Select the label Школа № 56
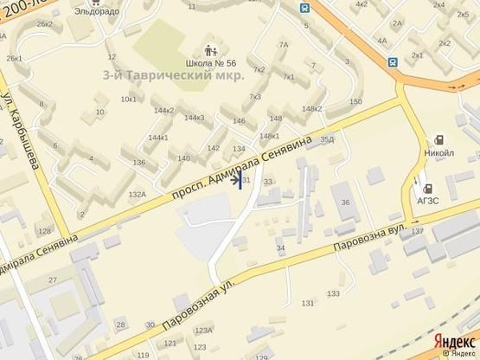(211, 63)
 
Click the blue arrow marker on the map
(238, 180)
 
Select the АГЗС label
(427, 198)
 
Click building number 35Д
(326, 138)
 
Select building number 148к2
(311, 108)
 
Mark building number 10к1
(128, 99)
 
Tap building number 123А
(202, 330)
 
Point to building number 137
(419, 231)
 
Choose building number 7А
(283, 44)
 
